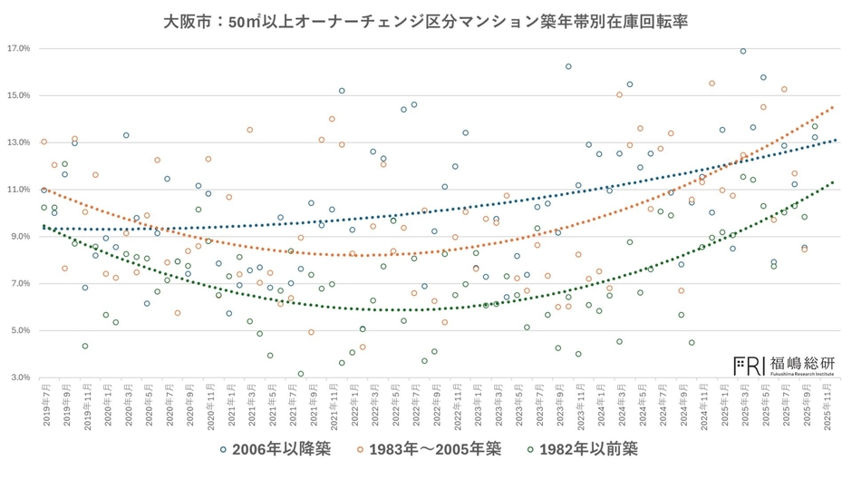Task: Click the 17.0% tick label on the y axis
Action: tap(18, 48)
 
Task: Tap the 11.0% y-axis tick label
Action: tap(18, 190)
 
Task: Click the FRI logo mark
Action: tap(748, 364)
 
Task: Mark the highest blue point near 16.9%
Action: tap(743, 52)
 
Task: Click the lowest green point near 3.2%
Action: tap(301, 374)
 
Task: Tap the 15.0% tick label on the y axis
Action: tap(18, 95)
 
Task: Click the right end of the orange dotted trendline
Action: tap(834, 106)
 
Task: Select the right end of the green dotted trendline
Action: tap(834, 181)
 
